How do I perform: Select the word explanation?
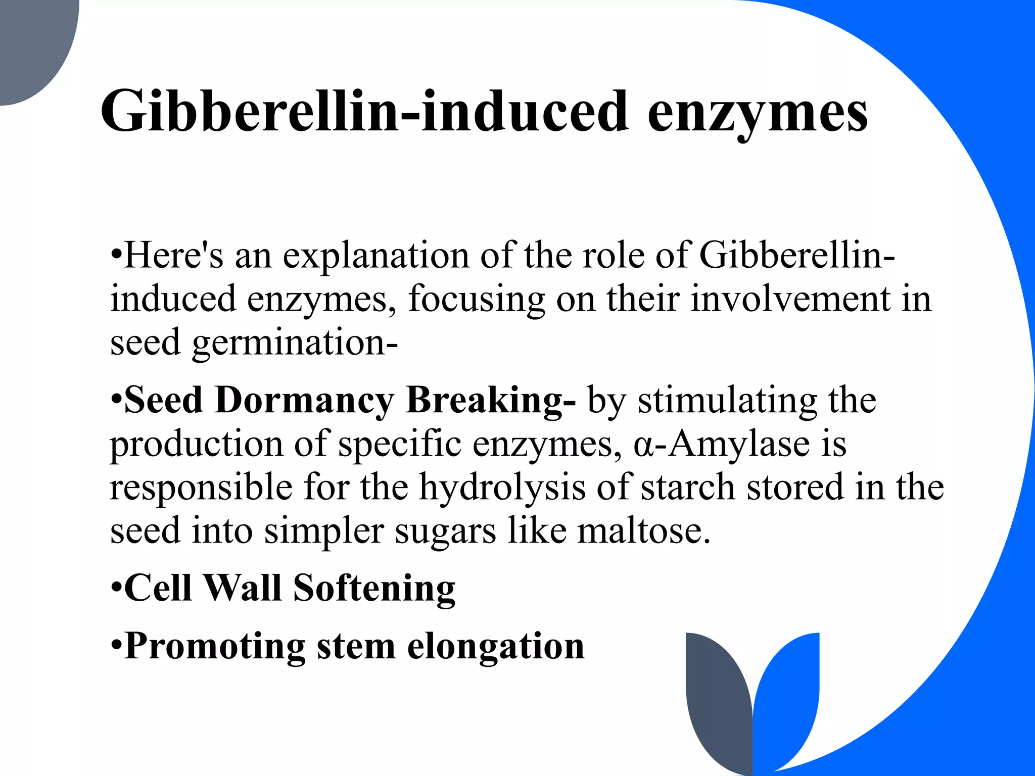pos(375,256)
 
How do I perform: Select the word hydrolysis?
pos(502,488)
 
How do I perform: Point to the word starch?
pos(688,488)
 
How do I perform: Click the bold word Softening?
pos(374,589)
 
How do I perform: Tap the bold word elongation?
pos(496,647)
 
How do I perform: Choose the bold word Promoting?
pos(215,647)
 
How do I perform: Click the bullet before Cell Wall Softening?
pos(116,589)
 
